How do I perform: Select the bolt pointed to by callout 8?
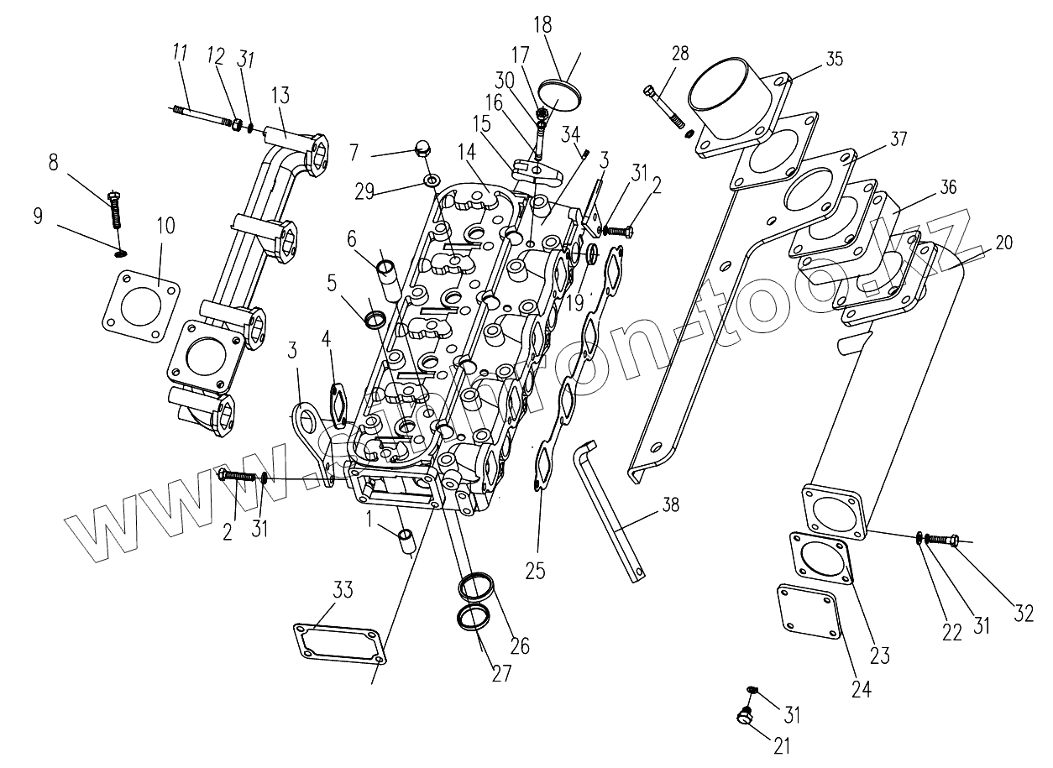117,211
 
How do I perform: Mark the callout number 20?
1003,243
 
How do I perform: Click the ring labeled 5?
375,319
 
